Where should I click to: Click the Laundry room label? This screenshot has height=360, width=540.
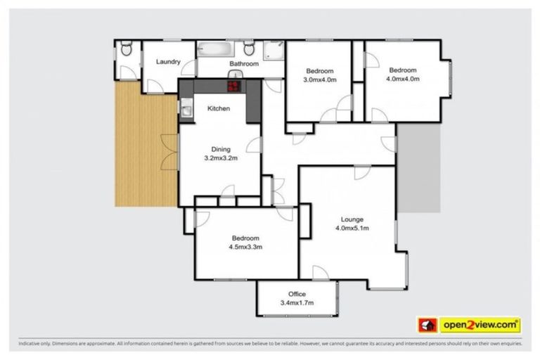coord(168,61)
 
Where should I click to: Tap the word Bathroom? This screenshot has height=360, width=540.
coord(244,64)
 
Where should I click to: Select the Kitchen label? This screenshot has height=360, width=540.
coord(218,108)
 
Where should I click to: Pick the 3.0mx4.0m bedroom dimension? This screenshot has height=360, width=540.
coord(320,79)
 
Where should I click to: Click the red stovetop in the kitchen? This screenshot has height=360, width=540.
coord(233,86)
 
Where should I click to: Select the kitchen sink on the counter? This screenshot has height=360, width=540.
coord(186,109)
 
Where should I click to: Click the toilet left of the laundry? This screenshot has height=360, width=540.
coord(126,49)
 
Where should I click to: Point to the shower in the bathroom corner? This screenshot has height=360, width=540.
coord(274,49)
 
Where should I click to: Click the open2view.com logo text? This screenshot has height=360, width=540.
coord(480,325)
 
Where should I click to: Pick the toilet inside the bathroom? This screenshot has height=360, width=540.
coord(249,49)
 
